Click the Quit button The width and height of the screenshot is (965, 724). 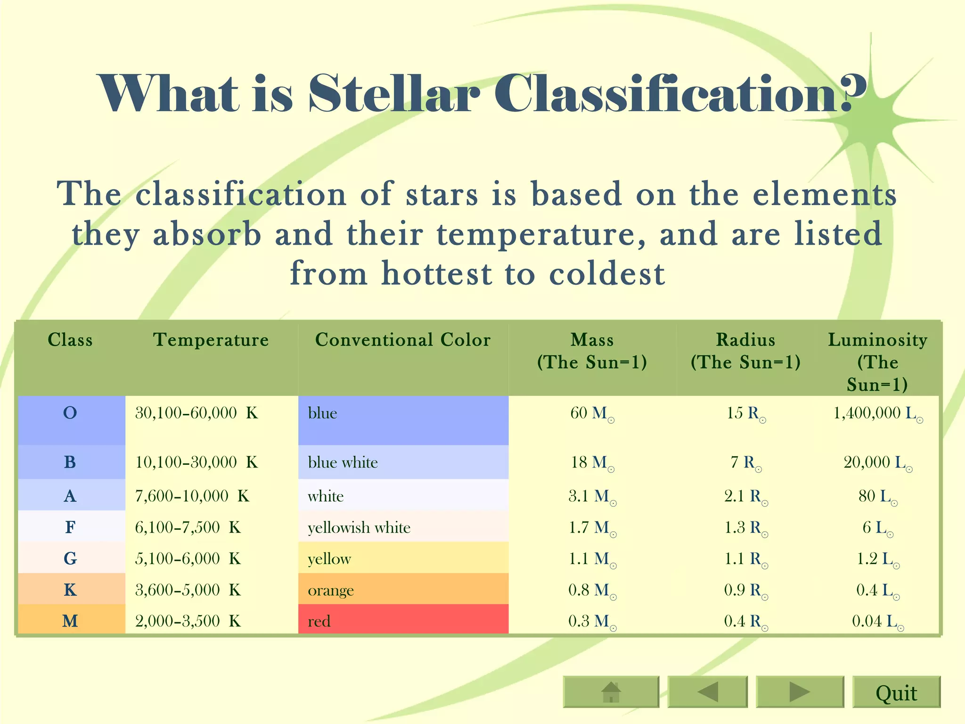(896, 692)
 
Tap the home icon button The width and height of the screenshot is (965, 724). (611, 692)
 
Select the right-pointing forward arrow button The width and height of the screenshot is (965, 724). (799, 692)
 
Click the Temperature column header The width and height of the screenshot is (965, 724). (211, 340)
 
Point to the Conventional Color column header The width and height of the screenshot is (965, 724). (402, 340)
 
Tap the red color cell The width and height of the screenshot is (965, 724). (403, 620)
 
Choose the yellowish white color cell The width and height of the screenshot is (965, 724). (403, 527)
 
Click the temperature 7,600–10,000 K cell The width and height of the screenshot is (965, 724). (192, 496)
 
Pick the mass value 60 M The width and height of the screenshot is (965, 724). (592, 413)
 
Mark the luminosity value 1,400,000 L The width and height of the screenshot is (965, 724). (877, 413)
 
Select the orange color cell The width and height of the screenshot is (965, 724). (403, 590)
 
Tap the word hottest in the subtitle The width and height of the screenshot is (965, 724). (436, 273)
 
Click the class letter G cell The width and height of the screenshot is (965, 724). (70, 559)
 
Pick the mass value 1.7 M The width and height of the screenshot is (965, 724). (592, 527)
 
